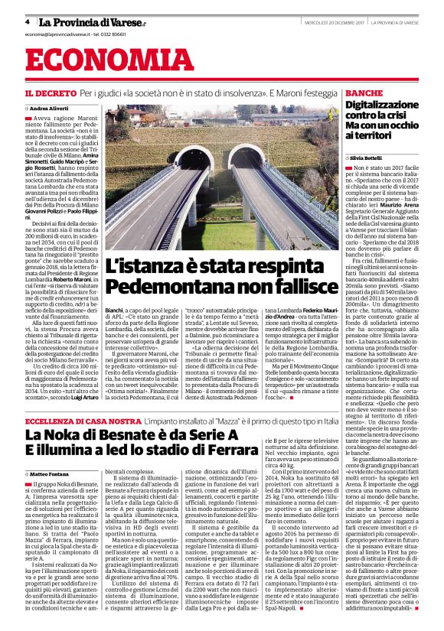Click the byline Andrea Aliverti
pyautogui.click(x=51, y=109)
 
